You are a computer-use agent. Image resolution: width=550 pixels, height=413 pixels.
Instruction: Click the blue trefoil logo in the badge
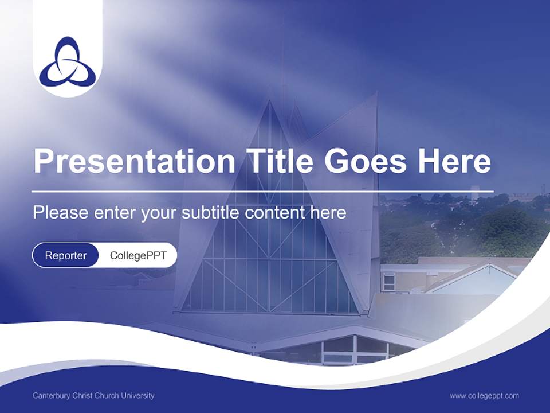coord(68,60)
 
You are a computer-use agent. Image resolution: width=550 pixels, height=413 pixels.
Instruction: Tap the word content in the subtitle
coord(276,213)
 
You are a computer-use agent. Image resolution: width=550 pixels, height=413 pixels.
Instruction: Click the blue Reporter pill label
coord(66,255)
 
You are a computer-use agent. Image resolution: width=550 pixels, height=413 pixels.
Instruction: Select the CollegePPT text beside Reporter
coord(138,255)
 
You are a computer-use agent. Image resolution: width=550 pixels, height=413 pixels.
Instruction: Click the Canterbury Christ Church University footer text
coord(93,396)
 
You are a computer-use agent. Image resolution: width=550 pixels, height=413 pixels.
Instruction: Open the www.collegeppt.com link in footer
coord(484,396)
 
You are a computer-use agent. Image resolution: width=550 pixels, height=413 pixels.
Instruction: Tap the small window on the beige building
coord(389,282)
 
